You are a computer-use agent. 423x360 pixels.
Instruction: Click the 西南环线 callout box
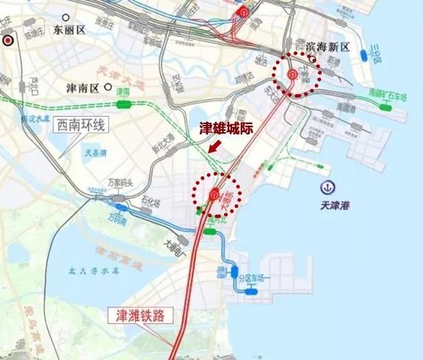coord(82,126)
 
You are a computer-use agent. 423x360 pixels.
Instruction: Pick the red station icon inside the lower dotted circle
coord(214,194)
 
